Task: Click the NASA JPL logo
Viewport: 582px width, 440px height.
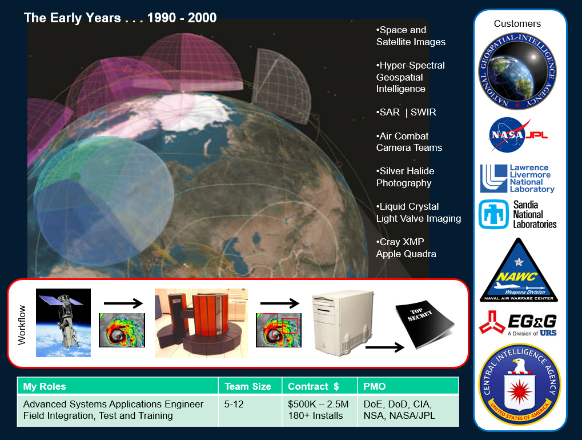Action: coord(518,135)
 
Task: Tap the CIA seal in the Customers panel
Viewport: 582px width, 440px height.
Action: coord(520,385)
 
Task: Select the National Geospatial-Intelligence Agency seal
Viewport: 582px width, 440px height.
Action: coord(517,71)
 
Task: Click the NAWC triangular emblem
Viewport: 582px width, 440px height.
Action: coord(519,270)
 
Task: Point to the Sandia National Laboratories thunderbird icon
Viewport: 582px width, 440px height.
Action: coord(493,214)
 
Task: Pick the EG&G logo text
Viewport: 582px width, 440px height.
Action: coord(532,322)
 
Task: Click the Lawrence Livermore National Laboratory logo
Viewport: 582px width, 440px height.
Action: coord(517,179)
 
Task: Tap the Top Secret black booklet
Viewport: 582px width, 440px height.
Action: coord(424,324)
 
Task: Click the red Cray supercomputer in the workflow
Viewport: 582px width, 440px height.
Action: coord(201,323)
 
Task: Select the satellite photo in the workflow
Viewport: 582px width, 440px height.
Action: coord(63,323)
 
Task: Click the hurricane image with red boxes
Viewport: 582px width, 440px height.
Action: coord(278,330)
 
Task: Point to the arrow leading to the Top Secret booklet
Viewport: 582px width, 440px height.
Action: coord(384,347)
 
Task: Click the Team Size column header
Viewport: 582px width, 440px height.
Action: coord(248,386)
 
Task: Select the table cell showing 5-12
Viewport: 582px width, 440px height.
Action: coord(234,404)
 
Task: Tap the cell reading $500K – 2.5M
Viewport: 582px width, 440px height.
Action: coord(318,404)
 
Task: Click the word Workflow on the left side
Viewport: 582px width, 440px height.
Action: coord(22,325)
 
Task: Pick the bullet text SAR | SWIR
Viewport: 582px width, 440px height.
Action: coord(406,112)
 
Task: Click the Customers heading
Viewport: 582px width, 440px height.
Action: coord(517,23)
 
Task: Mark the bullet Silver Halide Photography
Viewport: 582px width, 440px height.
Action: coord(405,177)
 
